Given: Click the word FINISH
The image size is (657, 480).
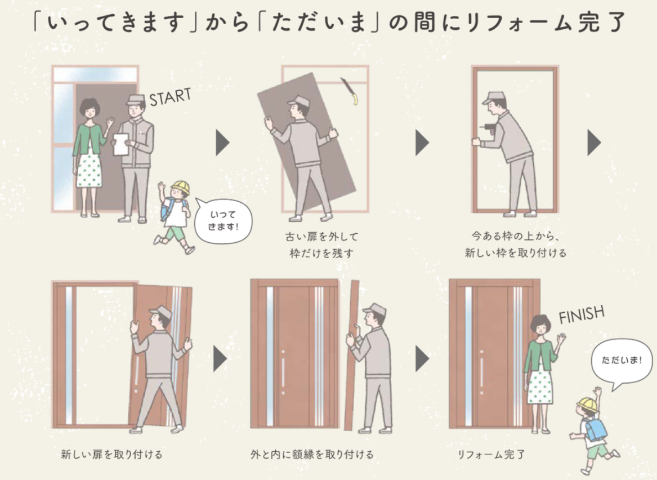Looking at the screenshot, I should click(581, 315).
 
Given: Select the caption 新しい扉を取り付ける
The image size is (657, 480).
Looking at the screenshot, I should click(112, 454).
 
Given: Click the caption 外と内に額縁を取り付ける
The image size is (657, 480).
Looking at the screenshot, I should click(312, 454).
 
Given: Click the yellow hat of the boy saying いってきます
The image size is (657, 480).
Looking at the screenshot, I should click(181, 186).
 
